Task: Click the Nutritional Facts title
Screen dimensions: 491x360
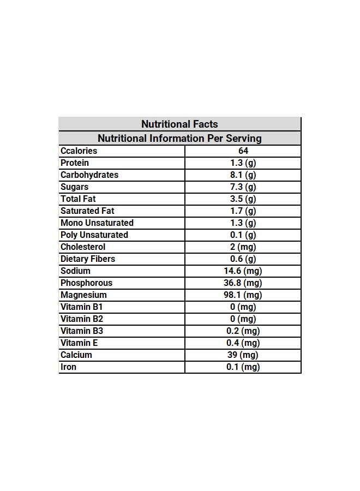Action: point(179,124)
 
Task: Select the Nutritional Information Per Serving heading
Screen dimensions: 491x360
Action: point(179,139)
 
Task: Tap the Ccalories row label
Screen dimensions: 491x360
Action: point(79,151)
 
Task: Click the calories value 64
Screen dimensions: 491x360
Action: point(243,151)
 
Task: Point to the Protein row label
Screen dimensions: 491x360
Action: point(75,163)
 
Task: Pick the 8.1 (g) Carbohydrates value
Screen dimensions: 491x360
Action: point(243,175)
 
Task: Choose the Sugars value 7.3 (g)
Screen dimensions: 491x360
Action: point(243,187)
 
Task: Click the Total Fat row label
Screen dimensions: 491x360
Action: point(78,199)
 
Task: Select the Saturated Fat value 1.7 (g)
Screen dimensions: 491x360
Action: point(243,211)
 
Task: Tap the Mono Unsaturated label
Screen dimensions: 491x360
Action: point(97,223)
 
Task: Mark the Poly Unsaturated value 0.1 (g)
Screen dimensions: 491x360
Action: point(243,235)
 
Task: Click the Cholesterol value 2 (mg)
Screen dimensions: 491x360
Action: point(243,247)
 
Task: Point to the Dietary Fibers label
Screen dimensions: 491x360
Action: point(88,259)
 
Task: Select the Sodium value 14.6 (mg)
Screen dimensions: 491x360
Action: point(243,271)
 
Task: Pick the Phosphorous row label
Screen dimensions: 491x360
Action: point(86,283)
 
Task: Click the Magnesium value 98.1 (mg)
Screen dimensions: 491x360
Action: point(243,295)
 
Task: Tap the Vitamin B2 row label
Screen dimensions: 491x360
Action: point(82,319)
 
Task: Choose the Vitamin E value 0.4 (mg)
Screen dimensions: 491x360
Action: point(243,343)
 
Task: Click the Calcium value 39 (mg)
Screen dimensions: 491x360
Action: point(243,355)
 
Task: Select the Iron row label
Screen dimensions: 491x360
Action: point(69,367)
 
